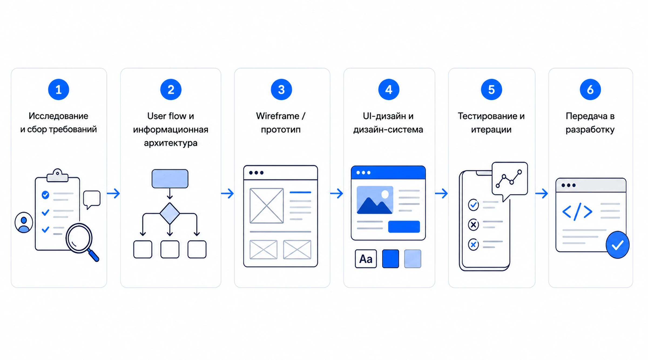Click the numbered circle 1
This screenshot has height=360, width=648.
click(59, 89)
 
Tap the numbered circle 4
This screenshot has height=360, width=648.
click(389, 89)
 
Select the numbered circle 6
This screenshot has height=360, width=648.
click(590, 89)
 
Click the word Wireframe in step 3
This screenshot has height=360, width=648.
click(278, 116)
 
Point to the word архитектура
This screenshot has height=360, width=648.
click(171, 143)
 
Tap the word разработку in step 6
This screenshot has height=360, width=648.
click(590, 130)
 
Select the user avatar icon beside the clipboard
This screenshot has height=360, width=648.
click(24, 223)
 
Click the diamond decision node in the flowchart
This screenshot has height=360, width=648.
click(170, 213)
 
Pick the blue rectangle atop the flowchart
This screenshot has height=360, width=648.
click(170, 179)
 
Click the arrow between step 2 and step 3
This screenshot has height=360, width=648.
click(227, 193)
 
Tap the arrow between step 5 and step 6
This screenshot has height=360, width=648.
click(542, 193)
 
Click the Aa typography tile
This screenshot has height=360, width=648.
click(366, 259)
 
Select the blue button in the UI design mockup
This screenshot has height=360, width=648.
click(404, 227)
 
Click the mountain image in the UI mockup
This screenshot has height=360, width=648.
click(375, 200)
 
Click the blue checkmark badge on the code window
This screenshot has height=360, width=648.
click(617, 245)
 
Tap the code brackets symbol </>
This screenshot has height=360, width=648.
click(577, 212)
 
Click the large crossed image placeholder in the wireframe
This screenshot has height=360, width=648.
click(266, 206)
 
